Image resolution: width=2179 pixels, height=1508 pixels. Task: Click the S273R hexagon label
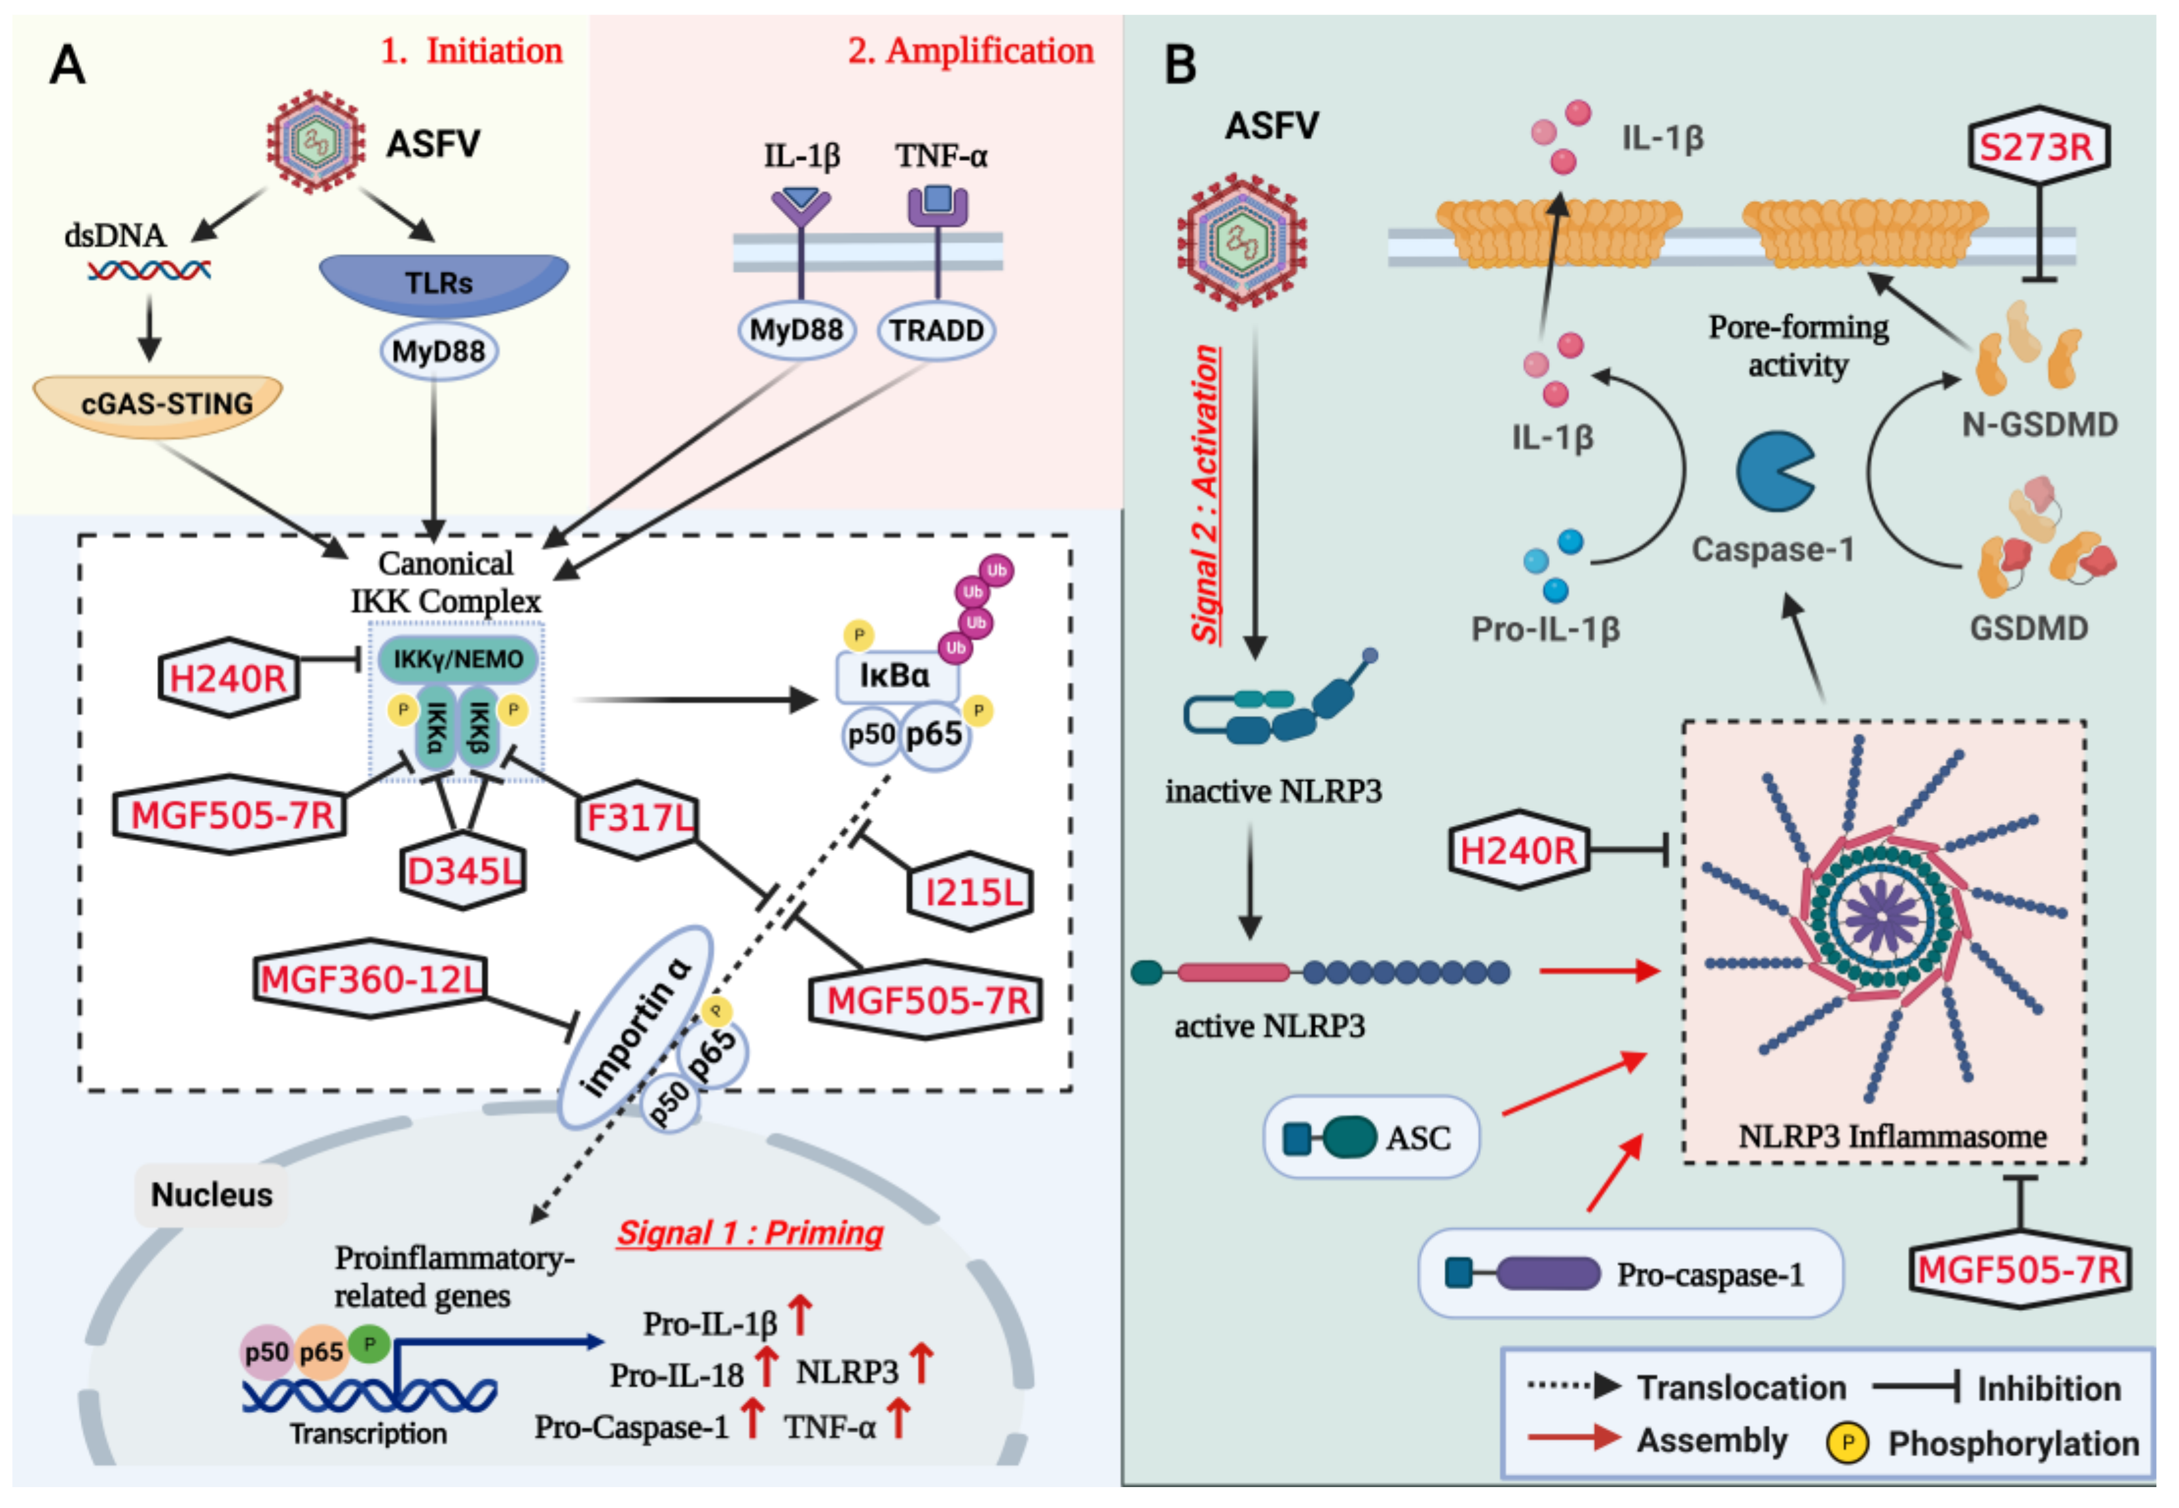[2038, 147]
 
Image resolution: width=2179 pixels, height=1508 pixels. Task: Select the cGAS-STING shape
[158, 404]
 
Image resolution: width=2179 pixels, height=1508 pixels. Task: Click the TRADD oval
[936, 331]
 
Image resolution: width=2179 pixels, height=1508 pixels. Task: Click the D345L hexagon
[462, 871]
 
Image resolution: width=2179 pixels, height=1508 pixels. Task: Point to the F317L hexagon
[638, 818]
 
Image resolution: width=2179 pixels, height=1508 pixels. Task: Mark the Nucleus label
[211, 1195]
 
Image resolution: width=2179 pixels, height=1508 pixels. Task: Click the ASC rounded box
[1370, 1138]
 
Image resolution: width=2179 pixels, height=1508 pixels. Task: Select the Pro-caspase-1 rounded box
[1630, 1274]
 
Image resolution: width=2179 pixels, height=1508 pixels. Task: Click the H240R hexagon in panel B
[1518, 850]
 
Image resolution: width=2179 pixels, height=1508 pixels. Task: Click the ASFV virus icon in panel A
[316, 142]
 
